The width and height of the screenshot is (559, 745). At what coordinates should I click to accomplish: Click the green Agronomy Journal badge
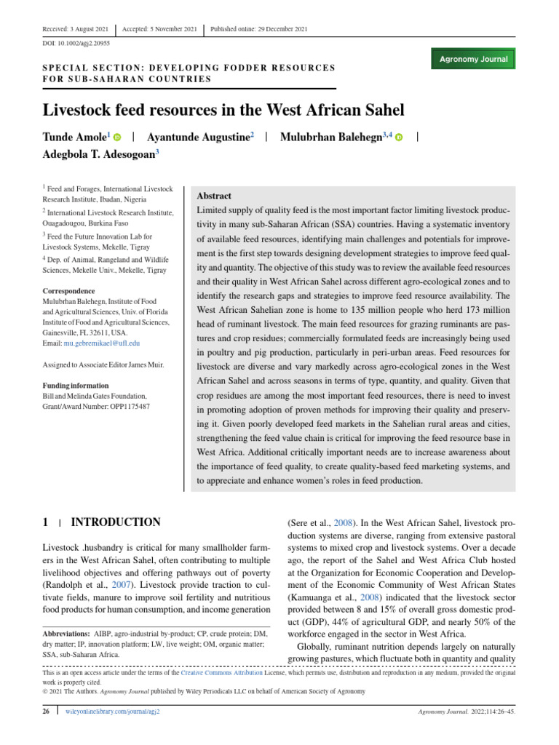pos(473,59)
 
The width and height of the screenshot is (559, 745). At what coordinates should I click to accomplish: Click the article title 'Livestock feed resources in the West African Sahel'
pos(224,111)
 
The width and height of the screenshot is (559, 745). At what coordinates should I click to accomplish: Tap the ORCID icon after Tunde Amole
pos(118,138)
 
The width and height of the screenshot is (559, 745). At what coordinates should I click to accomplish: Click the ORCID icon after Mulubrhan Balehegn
pos(399,138)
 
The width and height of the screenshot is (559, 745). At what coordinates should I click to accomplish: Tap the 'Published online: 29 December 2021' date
pos(258,28)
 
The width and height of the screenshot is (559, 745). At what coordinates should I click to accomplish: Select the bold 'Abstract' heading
pos(215,196)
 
